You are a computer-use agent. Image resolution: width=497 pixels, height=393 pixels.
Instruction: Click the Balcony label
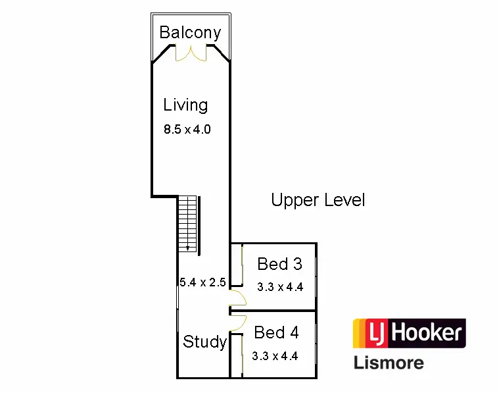click(190, 32)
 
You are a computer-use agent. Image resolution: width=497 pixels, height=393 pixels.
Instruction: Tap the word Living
click(185, 105)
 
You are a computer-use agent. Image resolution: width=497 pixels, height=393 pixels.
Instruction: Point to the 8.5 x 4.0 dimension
click(187, 130)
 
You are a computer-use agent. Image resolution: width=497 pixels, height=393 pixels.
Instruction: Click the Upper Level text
click(318, 200)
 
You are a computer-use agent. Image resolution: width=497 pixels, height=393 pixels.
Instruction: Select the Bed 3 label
click(279, 264)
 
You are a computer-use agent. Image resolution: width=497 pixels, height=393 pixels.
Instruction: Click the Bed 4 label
click(276, 332)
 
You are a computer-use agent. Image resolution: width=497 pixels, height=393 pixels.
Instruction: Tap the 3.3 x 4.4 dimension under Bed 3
click(279, 287)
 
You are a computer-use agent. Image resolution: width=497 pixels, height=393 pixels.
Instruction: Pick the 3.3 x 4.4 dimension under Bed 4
click(275, 356)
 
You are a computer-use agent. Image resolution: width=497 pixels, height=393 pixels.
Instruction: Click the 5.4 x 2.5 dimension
click(202, 282)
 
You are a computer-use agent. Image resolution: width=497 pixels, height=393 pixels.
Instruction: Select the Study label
click(204, 342)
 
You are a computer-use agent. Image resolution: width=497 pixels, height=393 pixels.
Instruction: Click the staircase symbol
click(188, 224)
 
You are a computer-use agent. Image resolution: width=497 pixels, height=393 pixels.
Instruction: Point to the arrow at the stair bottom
click(188, 248)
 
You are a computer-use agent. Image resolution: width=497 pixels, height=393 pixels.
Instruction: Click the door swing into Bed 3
click(238, 299)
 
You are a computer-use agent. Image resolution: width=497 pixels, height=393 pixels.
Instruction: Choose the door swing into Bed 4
click(238, 321)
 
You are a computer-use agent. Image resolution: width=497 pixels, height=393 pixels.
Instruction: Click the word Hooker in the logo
click(427, 332)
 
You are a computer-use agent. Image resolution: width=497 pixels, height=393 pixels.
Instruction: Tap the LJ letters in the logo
click(371, 332)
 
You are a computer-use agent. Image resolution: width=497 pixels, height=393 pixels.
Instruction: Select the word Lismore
click(389, 362)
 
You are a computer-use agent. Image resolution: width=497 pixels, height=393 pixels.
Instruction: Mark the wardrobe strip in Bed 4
click(243, 355)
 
